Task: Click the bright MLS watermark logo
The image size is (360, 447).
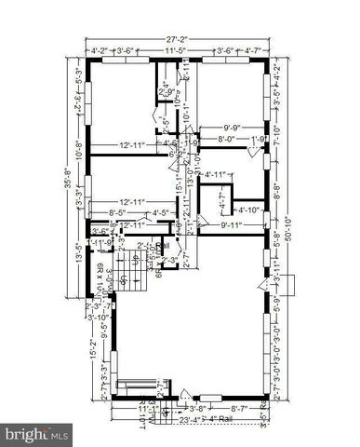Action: [x=37, y=434]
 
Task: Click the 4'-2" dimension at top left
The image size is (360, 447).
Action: [x=100, y=53]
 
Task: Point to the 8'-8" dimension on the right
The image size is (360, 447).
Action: [x=279, y=196]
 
